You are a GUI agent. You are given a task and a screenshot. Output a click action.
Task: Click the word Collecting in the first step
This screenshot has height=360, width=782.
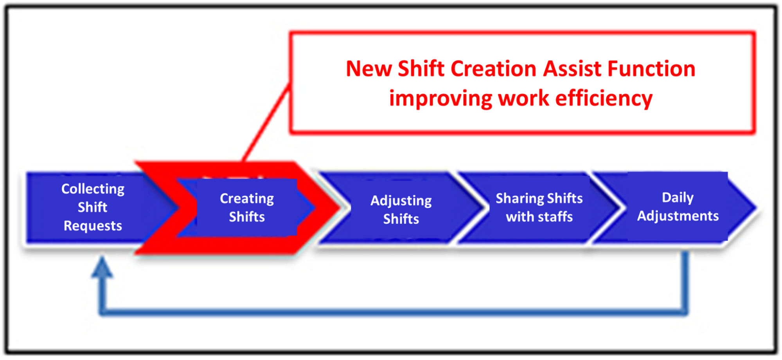[x=93, y=189]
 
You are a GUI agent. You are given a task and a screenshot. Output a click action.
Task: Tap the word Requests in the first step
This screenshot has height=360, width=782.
[x=93, y=226]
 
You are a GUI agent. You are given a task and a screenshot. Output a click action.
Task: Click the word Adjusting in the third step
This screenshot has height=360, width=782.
[x=401, y=201]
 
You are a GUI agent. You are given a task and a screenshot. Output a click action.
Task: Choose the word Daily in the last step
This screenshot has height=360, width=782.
[x=678, y=198]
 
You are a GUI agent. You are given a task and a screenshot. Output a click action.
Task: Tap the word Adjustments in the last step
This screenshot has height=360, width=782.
[x=678, y=216]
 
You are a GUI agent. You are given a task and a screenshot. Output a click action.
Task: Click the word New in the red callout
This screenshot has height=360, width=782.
[x=369, y=69]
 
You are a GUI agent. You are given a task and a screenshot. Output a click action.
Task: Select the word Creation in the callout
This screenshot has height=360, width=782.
[x=494, y=69]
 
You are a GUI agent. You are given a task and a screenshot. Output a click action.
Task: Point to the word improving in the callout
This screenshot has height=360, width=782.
[x=441, y=99]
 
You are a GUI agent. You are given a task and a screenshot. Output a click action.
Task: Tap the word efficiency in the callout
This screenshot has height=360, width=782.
[x=604, y=99]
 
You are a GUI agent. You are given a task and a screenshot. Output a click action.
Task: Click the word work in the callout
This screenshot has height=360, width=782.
[x=524, y=99]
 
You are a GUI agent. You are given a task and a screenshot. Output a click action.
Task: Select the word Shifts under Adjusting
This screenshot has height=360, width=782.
[x=401, y=219]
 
